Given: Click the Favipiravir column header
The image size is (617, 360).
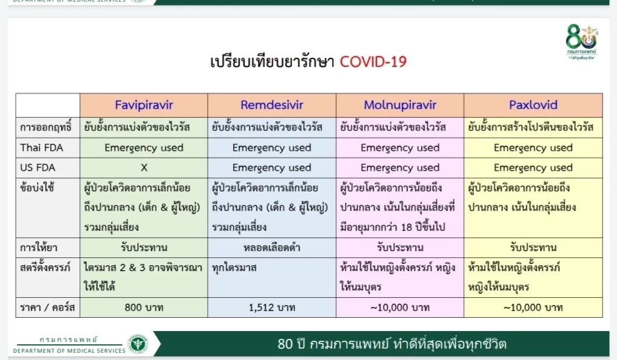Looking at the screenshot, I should click(144, 105).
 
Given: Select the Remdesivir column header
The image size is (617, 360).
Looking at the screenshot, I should click(272, 105).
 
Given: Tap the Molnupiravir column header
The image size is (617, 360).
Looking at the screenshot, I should click(400, 105).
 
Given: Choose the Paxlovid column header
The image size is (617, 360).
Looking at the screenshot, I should click(533, 105).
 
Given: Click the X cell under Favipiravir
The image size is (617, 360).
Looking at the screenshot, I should click(144, 167).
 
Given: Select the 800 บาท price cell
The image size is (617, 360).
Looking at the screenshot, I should click(144, 307).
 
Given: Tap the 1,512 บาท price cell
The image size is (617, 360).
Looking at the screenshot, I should click(272, 307).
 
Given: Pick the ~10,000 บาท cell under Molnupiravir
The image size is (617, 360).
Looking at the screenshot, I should click(400, 307).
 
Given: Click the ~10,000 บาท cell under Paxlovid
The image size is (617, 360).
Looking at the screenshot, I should click(533, 307).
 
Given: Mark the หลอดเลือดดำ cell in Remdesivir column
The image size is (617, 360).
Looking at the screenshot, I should click(272, 247).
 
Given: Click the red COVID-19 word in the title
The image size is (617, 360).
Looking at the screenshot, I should click(373, 62).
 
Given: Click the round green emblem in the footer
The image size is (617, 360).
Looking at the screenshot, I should click(138, 344).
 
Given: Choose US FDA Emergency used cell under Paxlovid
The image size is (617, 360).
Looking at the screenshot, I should click(533, 167).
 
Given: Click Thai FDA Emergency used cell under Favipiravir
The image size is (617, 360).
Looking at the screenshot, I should click(144, 147).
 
